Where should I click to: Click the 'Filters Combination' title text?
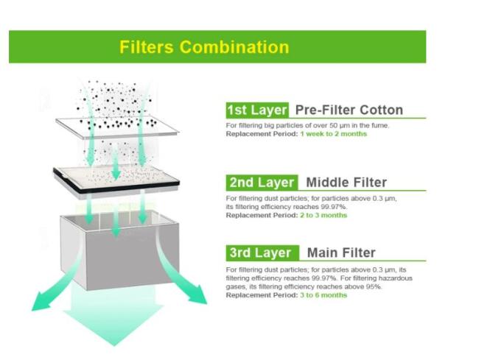(x=204, y=47)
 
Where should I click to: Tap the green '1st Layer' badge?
(x=257, y=110)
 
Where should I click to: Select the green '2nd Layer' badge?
(x=262, y=183)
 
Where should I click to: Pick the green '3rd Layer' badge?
(x=262, y=253)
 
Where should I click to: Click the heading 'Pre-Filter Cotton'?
(x=349, y=110)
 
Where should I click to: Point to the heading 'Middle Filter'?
(x=346, y=183)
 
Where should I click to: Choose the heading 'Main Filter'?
(x=341, y=253)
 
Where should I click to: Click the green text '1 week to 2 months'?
(x=333, y=134)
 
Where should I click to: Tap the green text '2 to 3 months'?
(x=324, y=215)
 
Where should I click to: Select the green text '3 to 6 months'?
(x=324, y=295)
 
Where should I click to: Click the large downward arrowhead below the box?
(x=113, y=317)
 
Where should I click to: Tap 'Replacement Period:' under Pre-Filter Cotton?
(x=262, y=134)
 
